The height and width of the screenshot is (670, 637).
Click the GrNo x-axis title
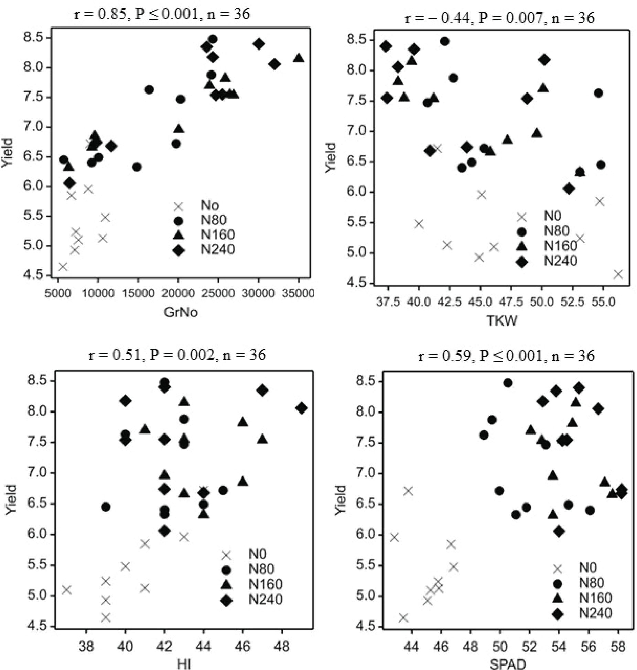181,313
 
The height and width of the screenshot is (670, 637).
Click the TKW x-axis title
502,320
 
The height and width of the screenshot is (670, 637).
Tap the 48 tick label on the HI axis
282,646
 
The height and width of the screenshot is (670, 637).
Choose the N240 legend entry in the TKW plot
560,261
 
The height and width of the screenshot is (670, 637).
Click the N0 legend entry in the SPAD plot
587,568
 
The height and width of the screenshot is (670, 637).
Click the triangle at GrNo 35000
299,58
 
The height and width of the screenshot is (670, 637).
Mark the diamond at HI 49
302,408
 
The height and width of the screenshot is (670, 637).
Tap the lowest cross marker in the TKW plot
618,274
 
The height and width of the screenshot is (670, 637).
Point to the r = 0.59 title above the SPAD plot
506,356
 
